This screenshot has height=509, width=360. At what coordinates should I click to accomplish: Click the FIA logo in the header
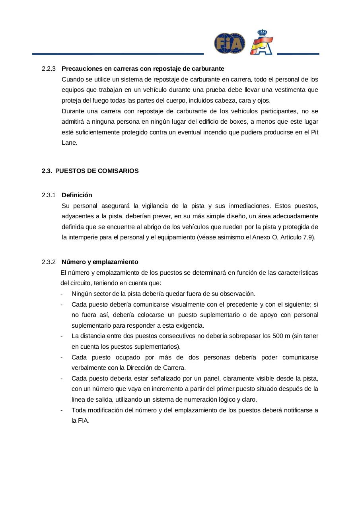click(x=230, y=43)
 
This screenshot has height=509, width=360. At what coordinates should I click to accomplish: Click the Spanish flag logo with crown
click(x=261, y=42)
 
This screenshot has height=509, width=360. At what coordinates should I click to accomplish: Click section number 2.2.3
click(x=49, y=69)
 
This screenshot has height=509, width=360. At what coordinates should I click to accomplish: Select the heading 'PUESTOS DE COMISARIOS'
click(x=97, y=171)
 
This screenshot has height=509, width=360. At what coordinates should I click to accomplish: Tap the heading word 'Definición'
click(x=77, y=195)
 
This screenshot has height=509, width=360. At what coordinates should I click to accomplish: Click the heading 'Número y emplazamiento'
click(x=100, y=262)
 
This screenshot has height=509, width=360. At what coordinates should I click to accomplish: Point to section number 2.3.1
click(x=49, y=195)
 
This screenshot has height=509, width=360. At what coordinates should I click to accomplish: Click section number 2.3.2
click(x=49, y=262)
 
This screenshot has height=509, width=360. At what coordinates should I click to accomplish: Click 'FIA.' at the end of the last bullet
click(x=80, y=421)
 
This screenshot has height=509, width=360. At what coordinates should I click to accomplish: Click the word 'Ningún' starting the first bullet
click(x=81, y=294)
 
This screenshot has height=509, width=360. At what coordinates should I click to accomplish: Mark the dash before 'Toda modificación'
click(x=62, y=410)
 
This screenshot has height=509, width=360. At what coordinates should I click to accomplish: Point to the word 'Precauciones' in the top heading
click(x=81, y=69)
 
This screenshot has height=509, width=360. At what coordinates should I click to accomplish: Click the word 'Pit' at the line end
click(x=314, y=132)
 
